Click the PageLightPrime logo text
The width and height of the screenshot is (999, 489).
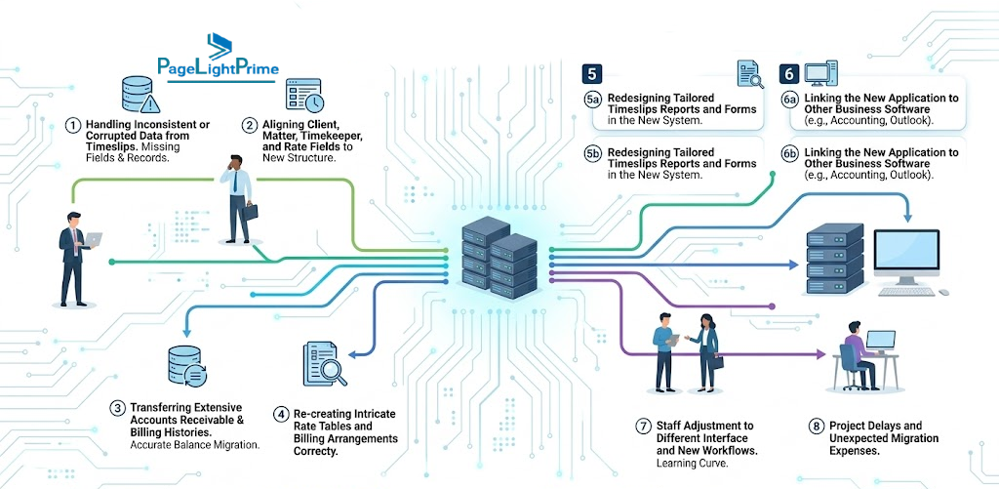(x=218, y=67)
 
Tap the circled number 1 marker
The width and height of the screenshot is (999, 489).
(x=73, y=125)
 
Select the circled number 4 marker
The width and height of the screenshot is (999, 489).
(x=282, y=415)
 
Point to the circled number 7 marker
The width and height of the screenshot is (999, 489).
(x=644, y=426)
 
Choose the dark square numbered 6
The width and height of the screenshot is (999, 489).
(x=789, y=74)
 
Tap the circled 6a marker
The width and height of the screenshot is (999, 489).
(x=790, y=100)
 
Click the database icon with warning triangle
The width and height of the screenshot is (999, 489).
(x=140, y=95)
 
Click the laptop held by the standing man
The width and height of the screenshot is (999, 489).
(x=93, y=240)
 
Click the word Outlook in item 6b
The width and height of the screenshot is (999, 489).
(x=913, y=176)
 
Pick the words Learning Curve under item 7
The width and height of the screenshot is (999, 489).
(x=692, y=464)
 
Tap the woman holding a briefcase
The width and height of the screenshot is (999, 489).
(x=707, y=352)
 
